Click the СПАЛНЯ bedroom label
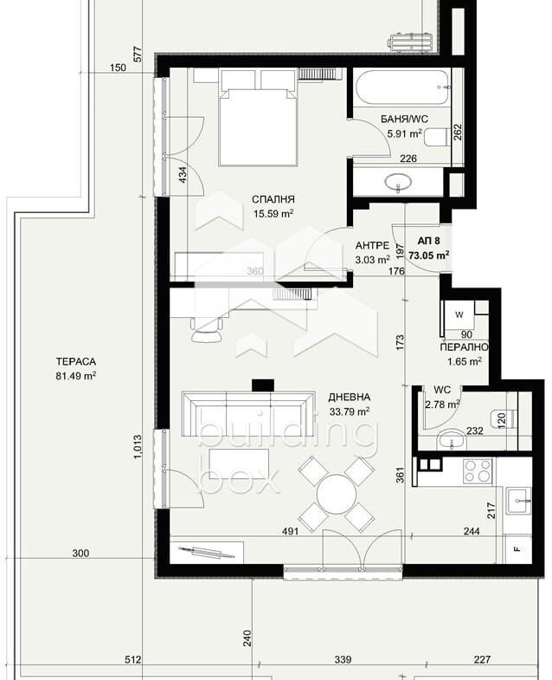point(273,199)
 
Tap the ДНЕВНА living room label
point(349,397)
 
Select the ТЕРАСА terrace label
point(76,361)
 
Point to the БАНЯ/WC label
point(404,119)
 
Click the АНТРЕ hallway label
point(372,245)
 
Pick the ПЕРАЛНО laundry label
point(464,347)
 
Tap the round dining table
point(337,495)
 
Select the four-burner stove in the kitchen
point(478,471)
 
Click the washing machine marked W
point(459,315)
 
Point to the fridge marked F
point(518,549)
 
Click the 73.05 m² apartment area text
point(428,256)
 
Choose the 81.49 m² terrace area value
point(76,376)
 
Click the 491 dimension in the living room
point(290,531)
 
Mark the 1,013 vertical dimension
point(138,447)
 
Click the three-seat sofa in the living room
point(247,414)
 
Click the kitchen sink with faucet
point(518,501)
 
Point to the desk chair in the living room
point(207,329)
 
